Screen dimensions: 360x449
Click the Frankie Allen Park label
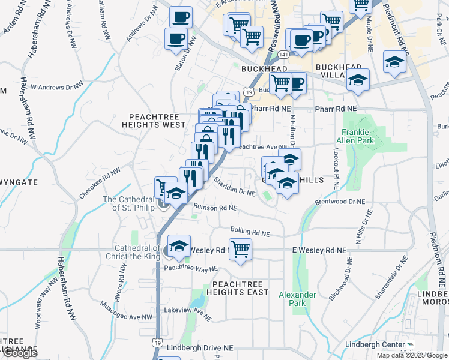click(358, 136)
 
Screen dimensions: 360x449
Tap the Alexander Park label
click(297, 299)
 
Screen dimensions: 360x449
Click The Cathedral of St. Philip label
click(130, 204)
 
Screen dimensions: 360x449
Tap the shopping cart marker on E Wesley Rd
click(240, 248)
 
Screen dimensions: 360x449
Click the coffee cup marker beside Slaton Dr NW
click(176, 39)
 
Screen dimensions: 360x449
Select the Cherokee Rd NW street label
click(100, 183)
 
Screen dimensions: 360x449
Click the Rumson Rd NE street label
click(215, 208)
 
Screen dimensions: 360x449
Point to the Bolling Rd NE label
click(250, 231)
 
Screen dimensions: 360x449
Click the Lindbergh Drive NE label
click(200, 347)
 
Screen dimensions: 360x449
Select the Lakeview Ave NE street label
click(188, 312)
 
